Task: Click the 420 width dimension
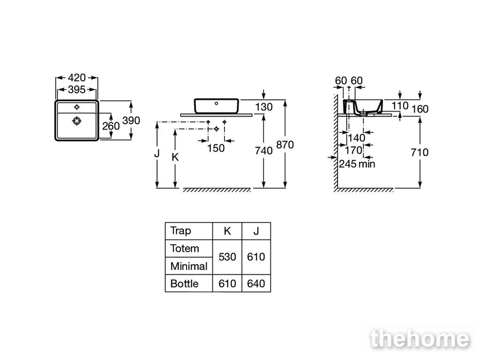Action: pos(76,77)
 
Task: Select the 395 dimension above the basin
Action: pos(76,90)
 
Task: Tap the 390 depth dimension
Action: pos(131,120)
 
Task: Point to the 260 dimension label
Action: pos(111,126)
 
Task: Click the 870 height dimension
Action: pos(285,145)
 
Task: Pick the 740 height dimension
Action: pos(263,150)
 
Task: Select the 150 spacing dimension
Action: pos(216,148)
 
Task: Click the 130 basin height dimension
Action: pos(263,107)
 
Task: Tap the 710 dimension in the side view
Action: pos(420,152)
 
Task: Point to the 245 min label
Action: pos(357,164)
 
